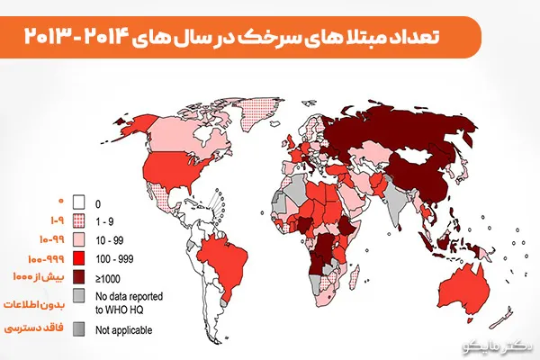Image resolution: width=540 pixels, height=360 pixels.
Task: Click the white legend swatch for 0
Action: (79, 202)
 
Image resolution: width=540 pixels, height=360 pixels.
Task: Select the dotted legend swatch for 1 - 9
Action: (79, 220)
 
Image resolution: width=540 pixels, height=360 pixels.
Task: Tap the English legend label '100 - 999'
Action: (112, 257)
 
